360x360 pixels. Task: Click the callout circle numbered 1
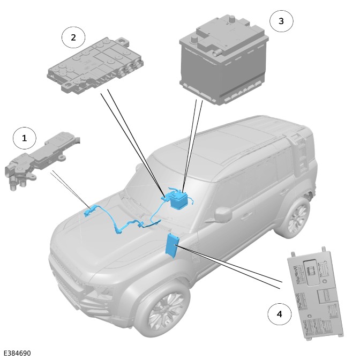tap(24, 138)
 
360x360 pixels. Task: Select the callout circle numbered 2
tap(73, 37)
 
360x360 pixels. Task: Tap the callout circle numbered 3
tap(281, 21)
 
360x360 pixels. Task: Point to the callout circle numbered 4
tap(280, 314)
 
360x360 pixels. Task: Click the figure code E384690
tap(17, 353)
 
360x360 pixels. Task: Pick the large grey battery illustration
tap(224, 59)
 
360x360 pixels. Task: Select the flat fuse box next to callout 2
tap(95, 65)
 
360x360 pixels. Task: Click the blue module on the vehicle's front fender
tap(171, 246)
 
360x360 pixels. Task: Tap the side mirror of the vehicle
tap(223, 214)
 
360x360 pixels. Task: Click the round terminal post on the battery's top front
tap(194, 39)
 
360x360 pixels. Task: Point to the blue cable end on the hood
tap(88, 212)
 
